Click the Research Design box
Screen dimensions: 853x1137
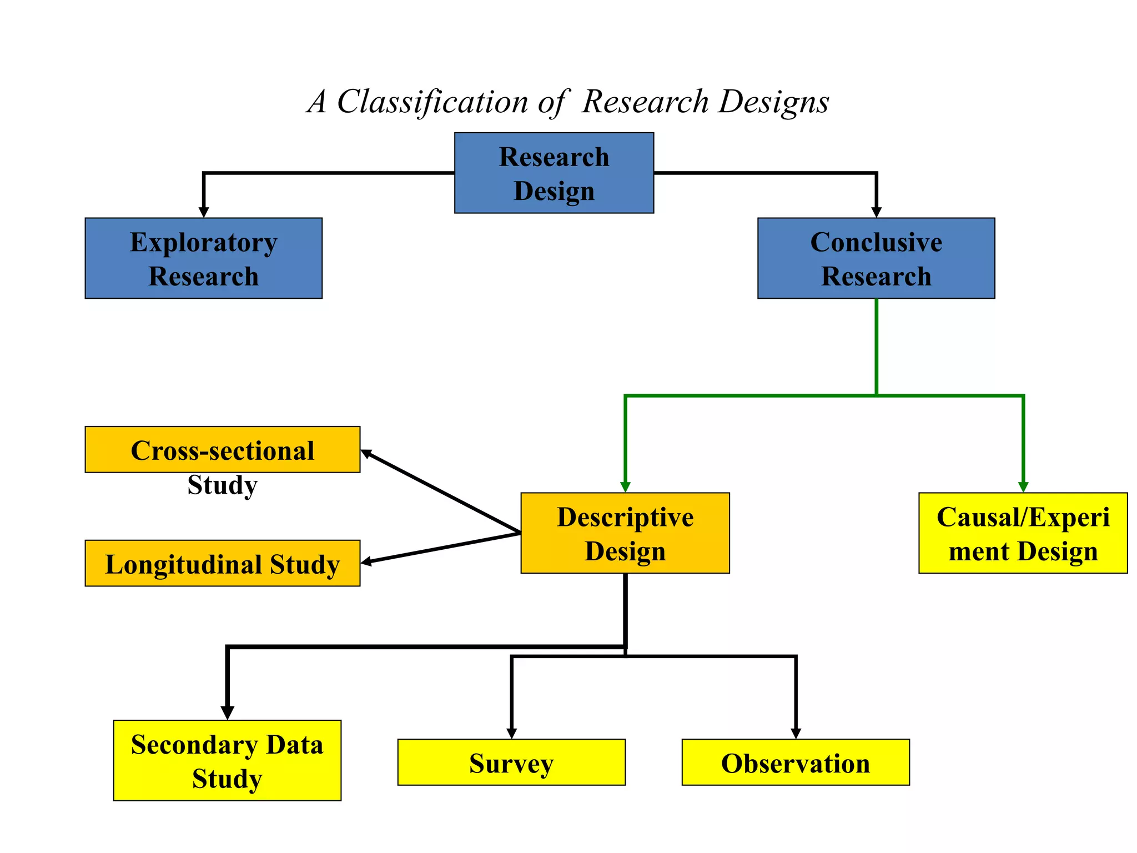point(554,173)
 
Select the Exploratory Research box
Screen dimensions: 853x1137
point(203,258)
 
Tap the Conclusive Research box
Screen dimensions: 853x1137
point(876,258)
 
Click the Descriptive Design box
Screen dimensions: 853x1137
point(625,533)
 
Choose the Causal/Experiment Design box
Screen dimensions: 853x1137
point(1023,533)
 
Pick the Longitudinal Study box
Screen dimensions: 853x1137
point(222,563)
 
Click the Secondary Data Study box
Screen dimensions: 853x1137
point(227,760)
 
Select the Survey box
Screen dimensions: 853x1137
point(511,762)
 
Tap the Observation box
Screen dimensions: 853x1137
point(796,762)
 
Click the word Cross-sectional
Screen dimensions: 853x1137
point(222,450)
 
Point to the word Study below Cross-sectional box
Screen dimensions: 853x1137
point(222,485)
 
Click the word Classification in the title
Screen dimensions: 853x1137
point(432,102)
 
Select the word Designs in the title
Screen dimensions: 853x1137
point(774,102)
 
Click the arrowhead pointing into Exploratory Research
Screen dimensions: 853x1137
point(204,212)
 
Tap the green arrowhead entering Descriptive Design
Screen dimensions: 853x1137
point(625,487)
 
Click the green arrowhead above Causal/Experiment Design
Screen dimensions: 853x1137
point(1023,487)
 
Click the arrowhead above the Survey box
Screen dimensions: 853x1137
point(511,733)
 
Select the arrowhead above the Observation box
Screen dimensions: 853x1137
point(796,733)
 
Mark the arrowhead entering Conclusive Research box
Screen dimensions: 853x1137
point(876,212)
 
